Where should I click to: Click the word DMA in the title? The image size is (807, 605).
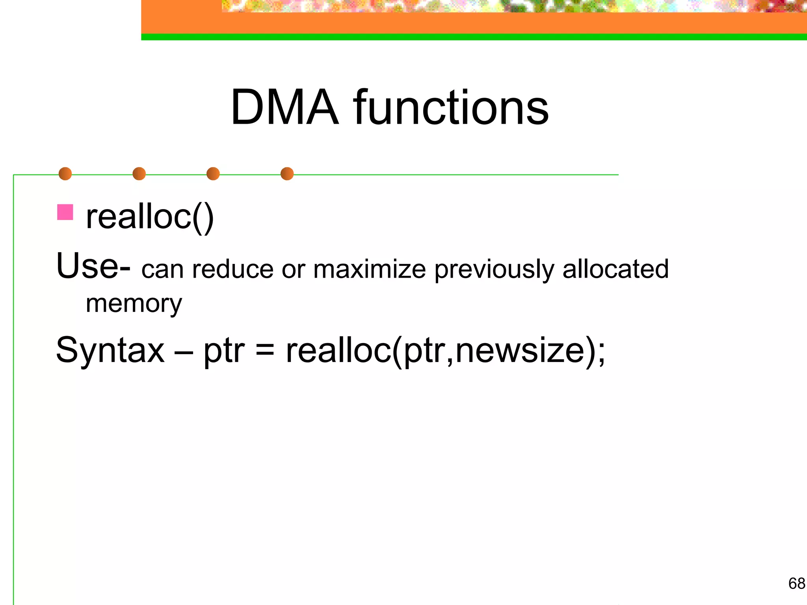click(x=284, y=107)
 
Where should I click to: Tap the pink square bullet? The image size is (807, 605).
click(x=65, y=212)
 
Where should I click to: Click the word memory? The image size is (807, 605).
click(x=134, y=304)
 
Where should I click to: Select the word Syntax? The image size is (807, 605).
click(x=110, y=350)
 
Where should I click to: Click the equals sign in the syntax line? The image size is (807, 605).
click(x=265, y=351)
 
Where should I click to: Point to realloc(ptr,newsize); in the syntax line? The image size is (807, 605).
click(x=445, y=351)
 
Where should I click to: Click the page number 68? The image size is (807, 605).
click(x=796, y=583)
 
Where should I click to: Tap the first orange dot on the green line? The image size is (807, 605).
click(x=65, y=174)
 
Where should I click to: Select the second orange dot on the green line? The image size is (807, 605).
click(x=139, y=174)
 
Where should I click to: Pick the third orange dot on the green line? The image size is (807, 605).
click(x=213, y=174)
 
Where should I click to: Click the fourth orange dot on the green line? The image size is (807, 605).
click(x=287, y=174)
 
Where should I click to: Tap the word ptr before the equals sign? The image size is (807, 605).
click(x=223, y=351)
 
